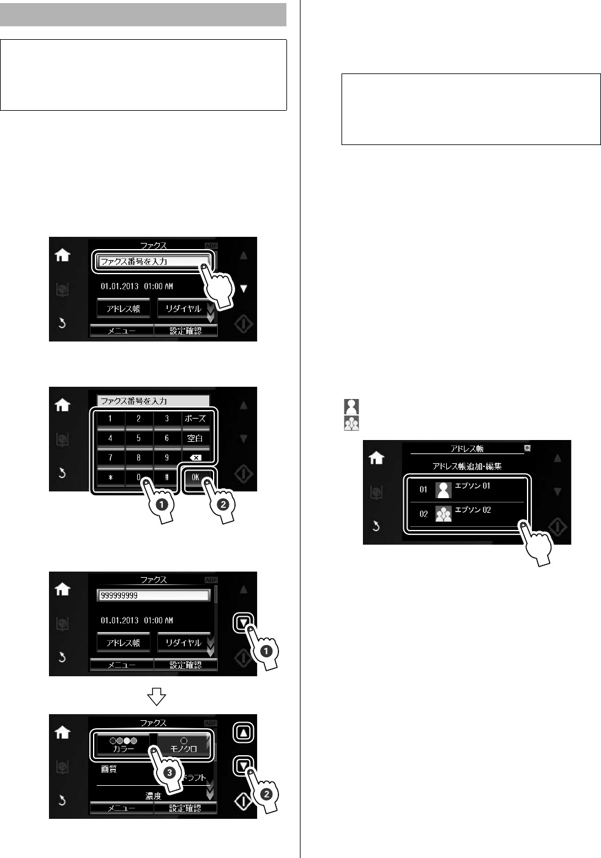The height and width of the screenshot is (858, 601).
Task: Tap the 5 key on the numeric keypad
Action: [138, 438]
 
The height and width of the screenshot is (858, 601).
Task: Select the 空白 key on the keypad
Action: [195, 438]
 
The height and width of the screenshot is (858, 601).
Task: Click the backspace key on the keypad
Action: [195, 457]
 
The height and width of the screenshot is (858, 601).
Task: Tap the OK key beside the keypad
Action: [195, 477]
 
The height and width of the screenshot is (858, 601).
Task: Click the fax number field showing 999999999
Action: [153, 595]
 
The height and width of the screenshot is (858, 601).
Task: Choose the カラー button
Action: [124, 745]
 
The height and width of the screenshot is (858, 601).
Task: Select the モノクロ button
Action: [184, 745]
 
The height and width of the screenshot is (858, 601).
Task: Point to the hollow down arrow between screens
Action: [156, 696]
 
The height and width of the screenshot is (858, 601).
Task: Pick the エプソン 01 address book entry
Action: [467, 490]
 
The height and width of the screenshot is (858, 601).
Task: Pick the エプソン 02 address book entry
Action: [467, 514]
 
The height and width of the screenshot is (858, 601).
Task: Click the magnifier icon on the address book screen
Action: [527, 448]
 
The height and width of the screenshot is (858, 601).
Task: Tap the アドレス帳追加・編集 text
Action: [467, 466]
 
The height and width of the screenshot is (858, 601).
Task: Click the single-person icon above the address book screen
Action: [351, 406]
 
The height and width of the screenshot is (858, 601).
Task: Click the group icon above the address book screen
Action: [351, 423]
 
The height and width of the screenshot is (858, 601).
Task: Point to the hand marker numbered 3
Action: [167, 770]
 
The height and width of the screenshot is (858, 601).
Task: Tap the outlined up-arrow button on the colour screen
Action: [243, 733]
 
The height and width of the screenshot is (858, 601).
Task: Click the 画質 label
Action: [109, 769]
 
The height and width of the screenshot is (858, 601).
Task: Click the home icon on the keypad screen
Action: [62, 405]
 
